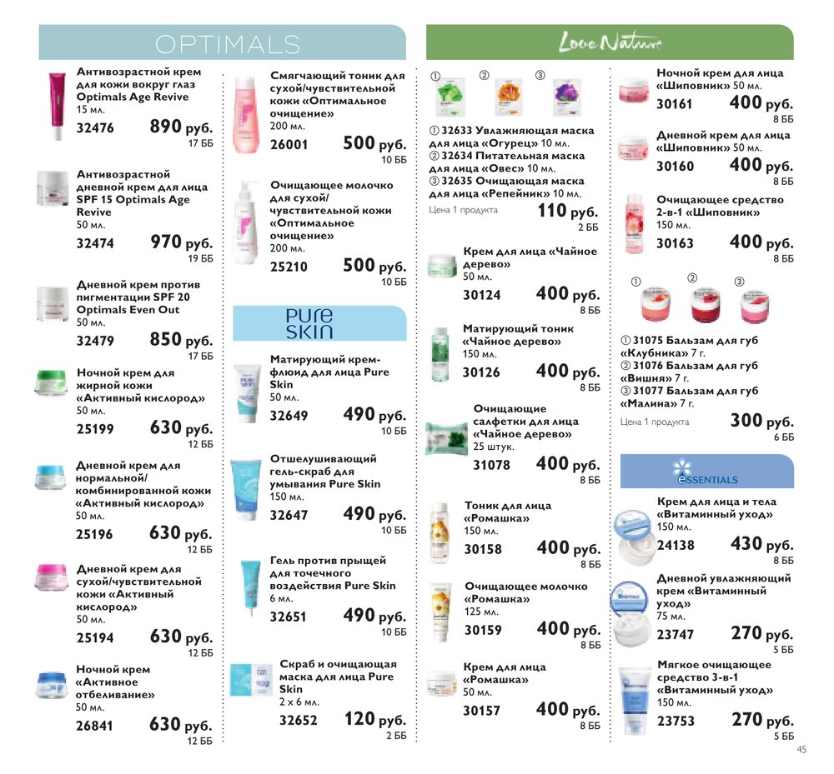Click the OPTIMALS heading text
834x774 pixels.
pos(227,43)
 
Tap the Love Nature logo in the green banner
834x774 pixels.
pos(609,42)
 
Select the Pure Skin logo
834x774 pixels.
pos(309,323)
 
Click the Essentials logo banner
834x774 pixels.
pos(706,472)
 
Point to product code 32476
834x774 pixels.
pos(95,128)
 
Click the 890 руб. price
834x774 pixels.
pos(181,127)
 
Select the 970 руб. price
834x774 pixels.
pos(181,243)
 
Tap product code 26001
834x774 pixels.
pos(289,144)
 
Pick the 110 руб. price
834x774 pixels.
pos(567,212)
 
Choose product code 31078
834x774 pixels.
pos(491,466)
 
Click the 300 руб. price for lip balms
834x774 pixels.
pos(761,422)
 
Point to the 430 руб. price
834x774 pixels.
pos(761,545)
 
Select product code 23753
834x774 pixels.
pos(676,722)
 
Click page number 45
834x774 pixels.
pos(801,748)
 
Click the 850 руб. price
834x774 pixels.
pos(181,341)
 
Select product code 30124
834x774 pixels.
pos(482,295)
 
